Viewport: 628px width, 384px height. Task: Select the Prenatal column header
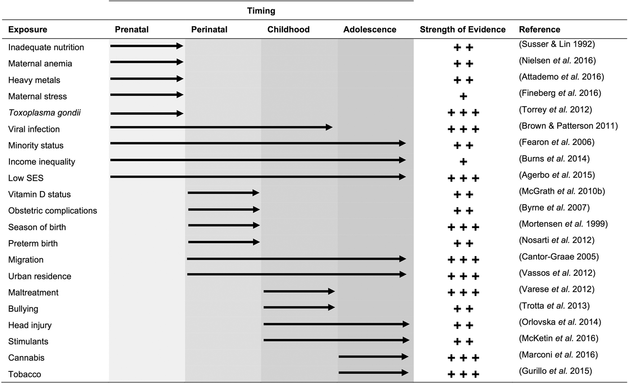click(131, 30)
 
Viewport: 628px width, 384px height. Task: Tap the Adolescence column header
click(370, 30)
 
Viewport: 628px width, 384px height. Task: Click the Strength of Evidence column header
click(463, 30)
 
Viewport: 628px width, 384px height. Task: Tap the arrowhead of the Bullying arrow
click(331, 308)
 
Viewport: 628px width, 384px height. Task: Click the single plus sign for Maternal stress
click(463, 96)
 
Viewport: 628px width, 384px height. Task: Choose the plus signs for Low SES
click(463, 178)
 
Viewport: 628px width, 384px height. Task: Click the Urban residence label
click(35, 276)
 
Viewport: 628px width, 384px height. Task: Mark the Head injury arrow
click(336, 324)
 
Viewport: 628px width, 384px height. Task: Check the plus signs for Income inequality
click(463, 161)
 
